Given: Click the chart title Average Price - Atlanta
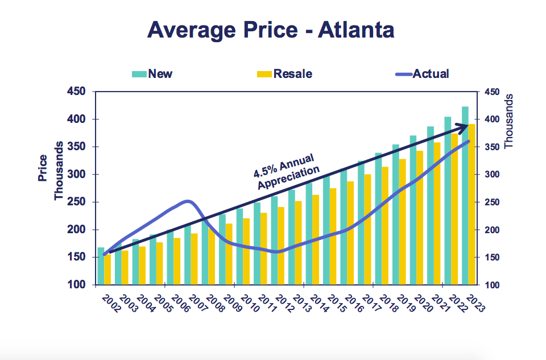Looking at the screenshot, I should pyautogui.click(x=271, y=30).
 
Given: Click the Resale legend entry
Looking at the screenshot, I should pyautogui.click(x=284, y=73).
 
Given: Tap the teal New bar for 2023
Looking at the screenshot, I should pyautogui.click(x=465, y=193).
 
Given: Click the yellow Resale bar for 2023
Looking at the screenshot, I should pyautogui.click(x=471, y=205).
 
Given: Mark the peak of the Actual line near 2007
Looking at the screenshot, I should pyautogui.click(x=188, y=201).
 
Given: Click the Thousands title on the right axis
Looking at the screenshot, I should pyautogui.click(x=508, y=121).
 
